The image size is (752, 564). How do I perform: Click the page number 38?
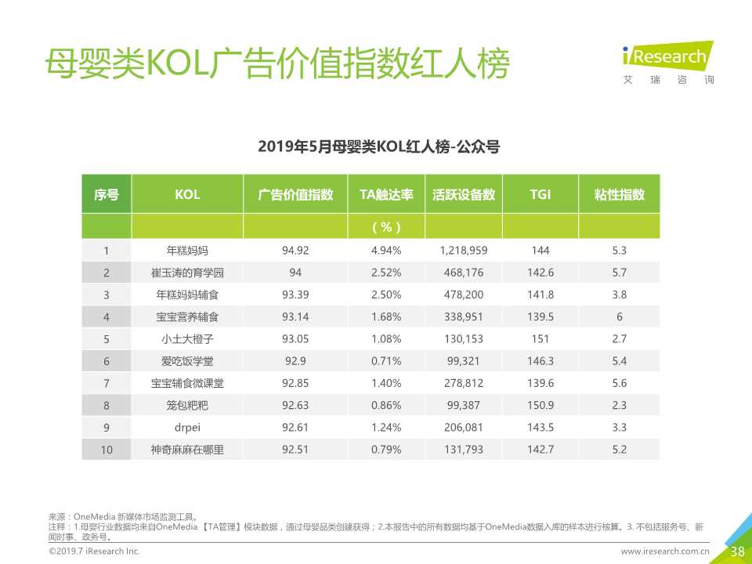point(737,551)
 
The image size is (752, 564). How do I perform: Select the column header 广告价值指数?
point(295,195)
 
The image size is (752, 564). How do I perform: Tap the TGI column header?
point(540,195)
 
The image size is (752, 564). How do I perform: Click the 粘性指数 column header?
point(619,195)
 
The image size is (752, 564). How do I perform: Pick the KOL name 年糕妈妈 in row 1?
point(187,251)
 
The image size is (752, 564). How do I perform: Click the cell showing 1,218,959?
point(464,251)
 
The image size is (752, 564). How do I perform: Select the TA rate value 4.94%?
point(386,251)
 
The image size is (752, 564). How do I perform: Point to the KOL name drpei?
point(187,428)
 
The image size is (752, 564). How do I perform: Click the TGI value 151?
point(540,339)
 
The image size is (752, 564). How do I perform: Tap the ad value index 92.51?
point(295,450)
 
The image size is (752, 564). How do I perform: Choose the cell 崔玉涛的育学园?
point(187,273)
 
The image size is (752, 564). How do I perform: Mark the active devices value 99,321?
point(464,361)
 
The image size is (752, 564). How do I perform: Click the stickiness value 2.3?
point(619,406)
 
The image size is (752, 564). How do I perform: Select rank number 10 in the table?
point(107,450)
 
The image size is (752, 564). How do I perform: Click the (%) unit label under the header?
point(386,227)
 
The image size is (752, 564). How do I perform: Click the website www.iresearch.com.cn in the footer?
point(665,552)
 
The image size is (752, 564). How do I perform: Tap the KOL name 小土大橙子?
point(187,339)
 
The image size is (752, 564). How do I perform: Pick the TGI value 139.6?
point(540,383)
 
